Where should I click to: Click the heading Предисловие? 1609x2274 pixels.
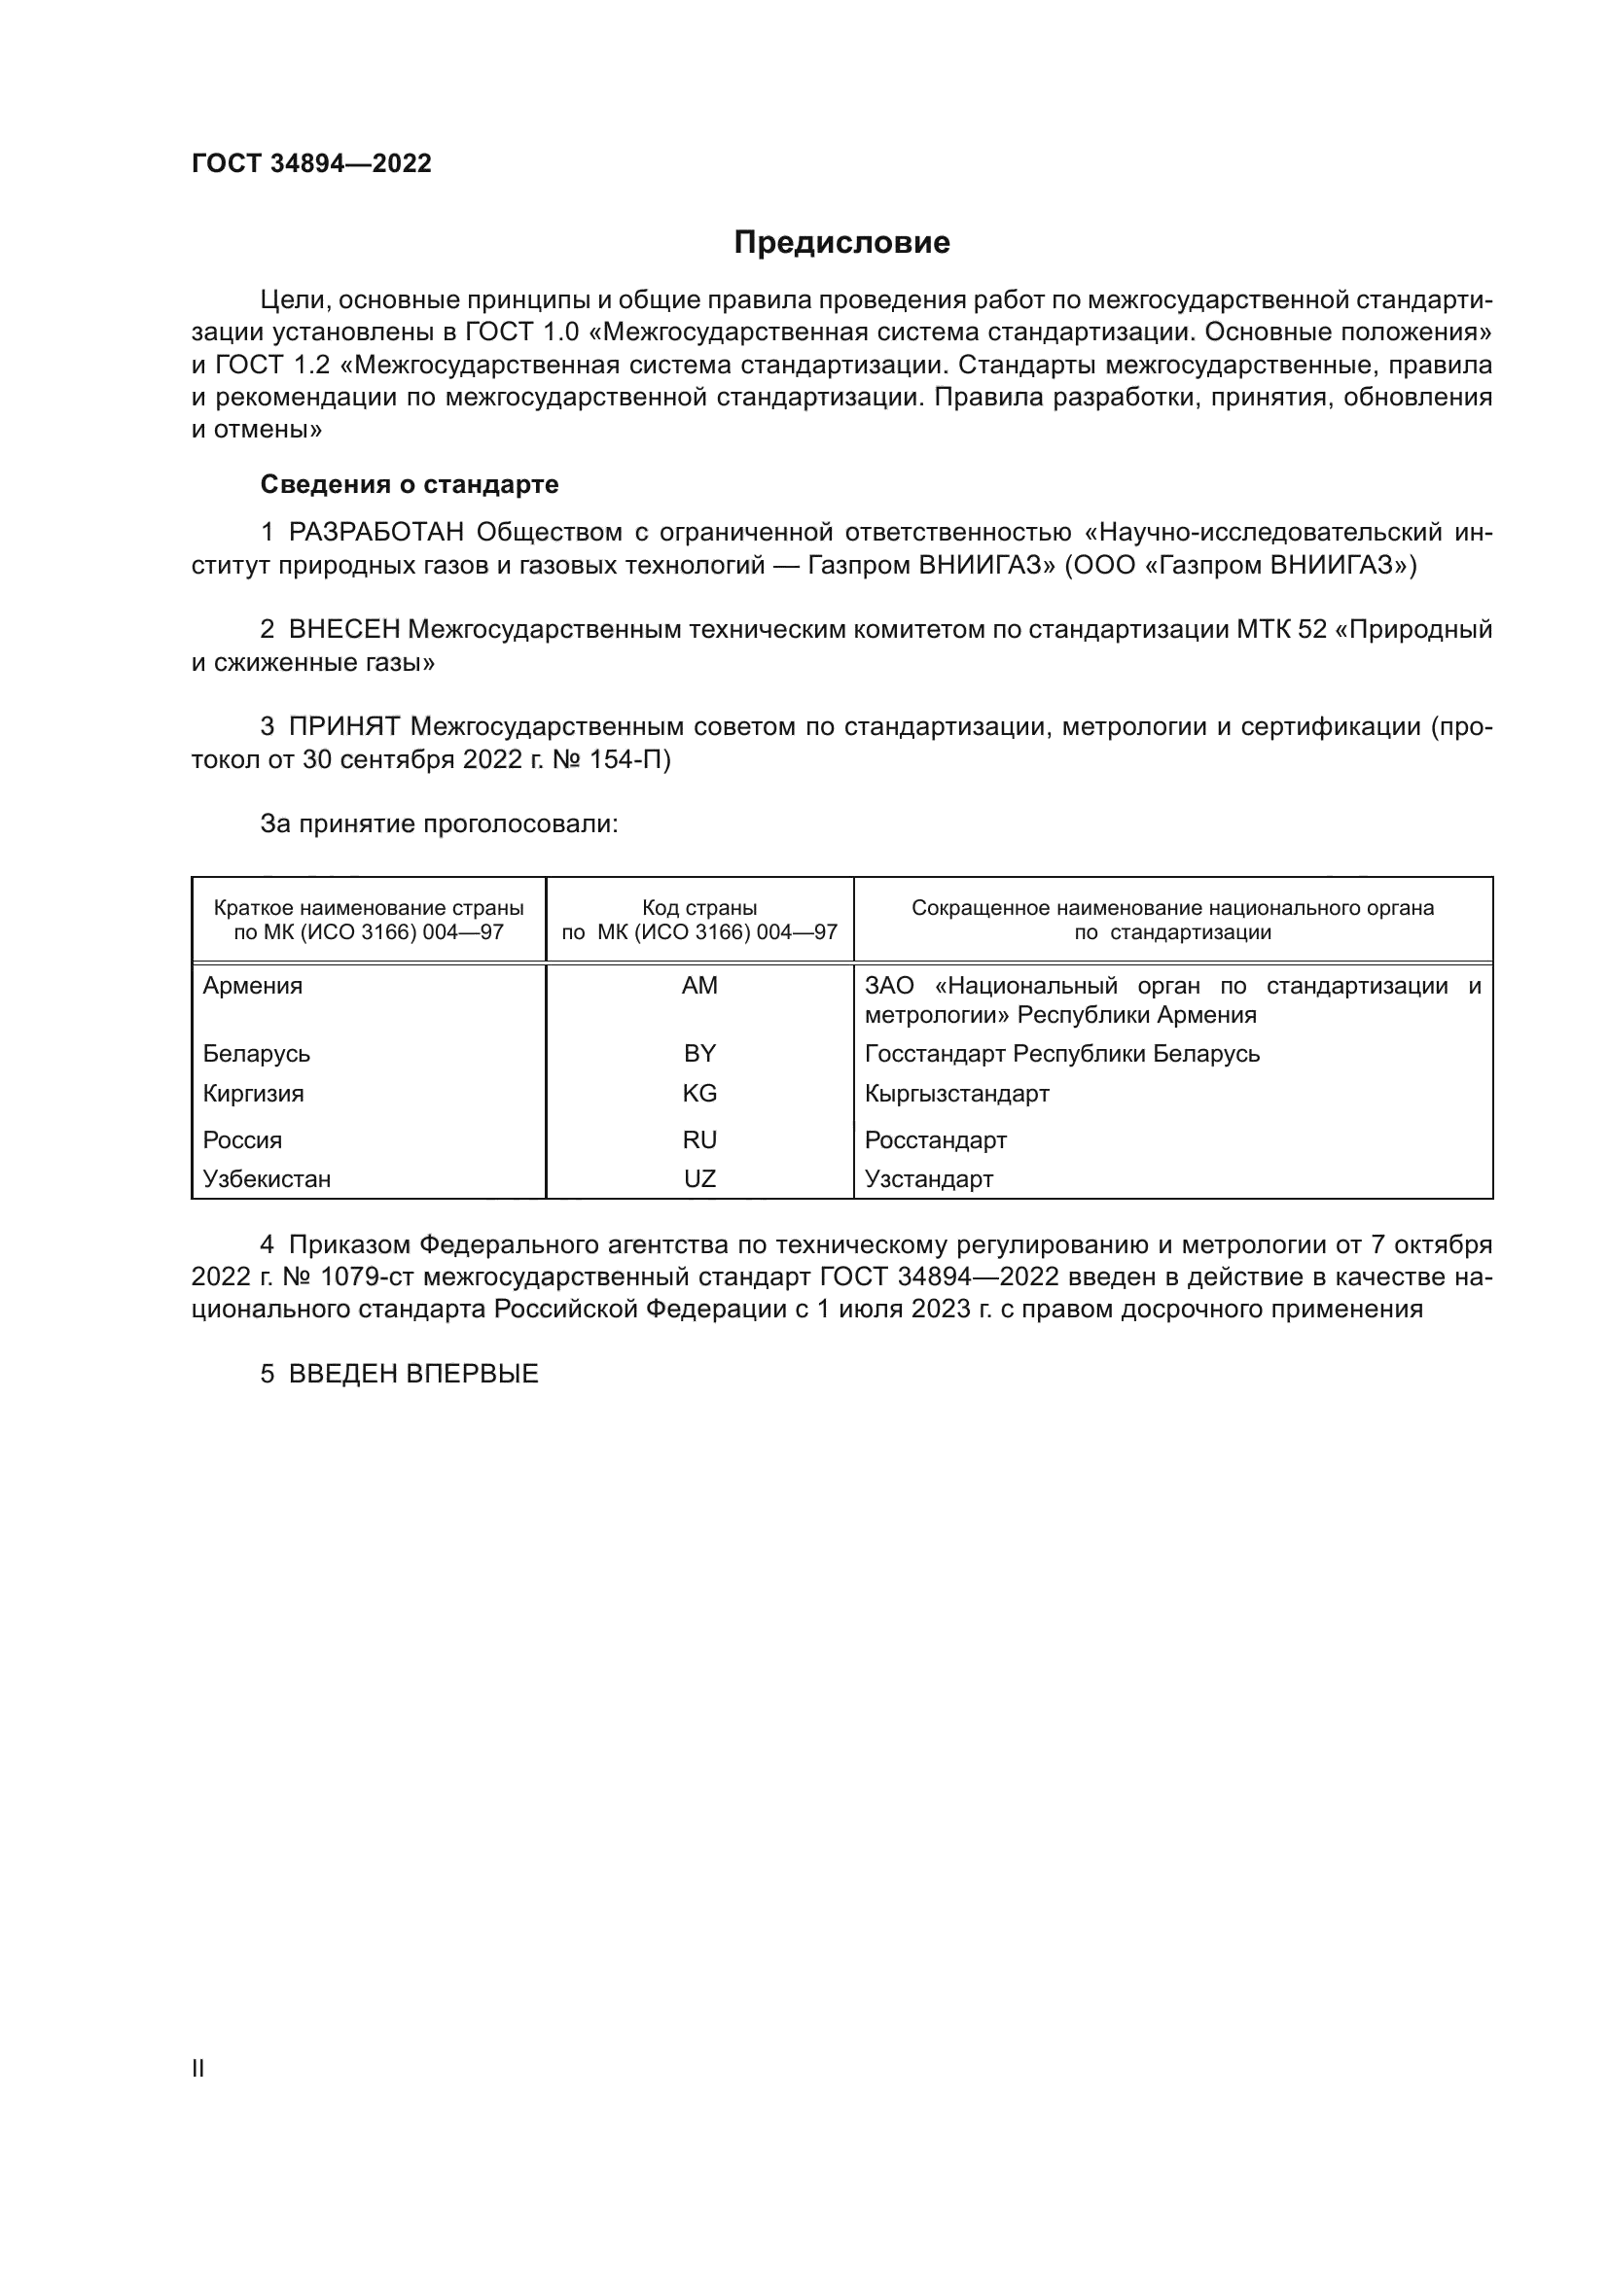[x=841, y=243]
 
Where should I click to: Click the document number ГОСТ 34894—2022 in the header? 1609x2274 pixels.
[x=311, y=163]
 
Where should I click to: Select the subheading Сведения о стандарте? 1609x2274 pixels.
[x=410, y=484]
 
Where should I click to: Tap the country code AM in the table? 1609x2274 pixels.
[x=699, y=986]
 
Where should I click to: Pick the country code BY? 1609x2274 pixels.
[x=699, y=1053]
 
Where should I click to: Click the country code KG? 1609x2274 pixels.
[x=699, y=1094]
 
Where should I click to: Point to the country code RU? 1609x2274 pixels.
[x=699, y=1140]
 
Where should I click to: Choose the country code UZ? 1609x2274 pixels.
[x=699, y=1178]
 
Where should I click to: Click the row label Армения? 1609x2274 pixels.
[x=253, y=986]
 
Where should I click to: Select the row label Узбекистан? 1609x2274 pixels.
[x=267, y=1178]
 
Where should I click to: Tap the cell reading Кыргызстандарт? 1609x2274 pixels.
[x=956, y=1094]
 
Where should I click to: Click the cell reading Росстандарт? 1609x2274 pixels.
[x=935, y=1140]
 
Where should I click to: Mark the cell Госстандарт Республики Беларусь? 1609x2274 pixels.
[x=1061, y=1053]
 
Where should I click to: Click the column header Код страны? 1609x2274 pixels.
[x=699, y=907]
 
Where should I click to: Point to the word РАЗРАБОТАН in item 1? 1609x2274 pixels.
[x=376, y=532]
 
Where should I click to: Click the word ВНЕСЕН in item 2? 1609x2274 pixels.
[x=343, y=629]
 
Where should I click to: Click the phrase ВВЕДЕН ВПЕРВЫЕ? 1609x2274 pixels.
[x=413, y=1374]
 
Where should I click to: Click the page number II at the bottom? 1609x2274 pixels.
[x=198, y=2068]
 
